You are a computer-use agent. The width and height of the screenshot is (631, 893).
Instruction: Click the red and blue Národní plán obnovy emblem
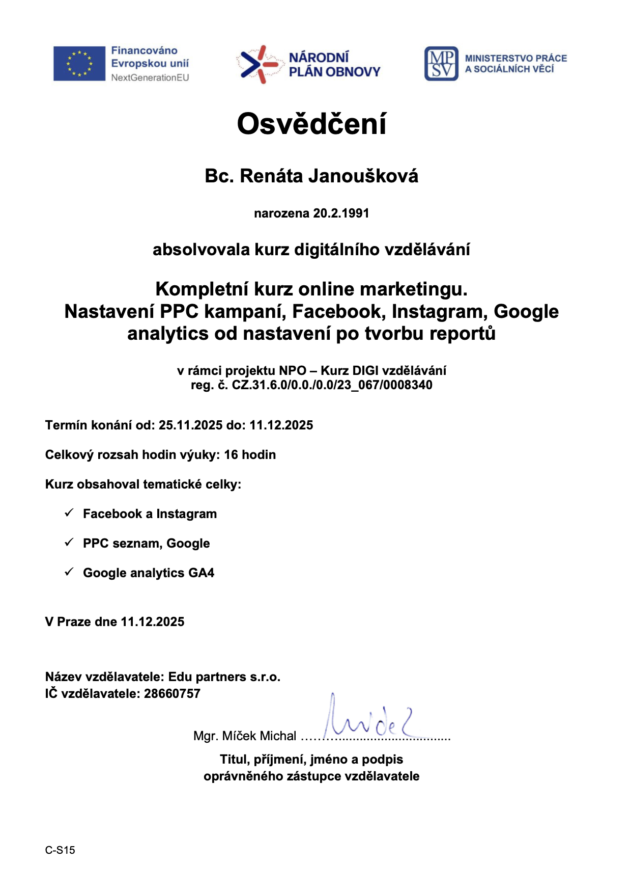(259, 65)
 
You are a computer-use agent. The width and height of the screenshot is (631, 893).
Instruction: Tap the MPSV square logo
(441, 64)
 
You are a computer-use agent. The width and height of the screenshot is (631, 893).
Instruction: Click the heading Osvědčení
(311, 124)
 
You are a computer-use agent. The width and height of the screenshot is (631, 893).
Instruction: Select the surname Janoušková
(364, 176)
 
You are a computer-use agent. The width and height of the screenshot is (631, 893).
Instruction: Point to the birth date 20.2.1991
(341, 213)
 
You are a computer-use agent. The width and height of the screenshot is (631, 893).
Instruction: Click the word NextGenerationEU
(150, 78)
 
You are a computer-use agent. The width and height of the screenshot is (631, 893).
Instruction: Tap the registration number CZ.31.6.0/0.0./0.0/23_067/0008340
(332, 385)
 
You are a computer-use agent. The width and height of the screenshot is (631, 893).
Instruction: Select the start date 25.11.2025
(190, 425)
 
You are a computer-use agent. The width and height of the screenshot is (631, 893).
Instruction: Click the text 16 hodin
(250, 455)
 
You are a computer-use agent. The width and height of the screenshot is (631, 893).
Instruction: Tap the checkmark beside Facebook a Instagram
(69, 513)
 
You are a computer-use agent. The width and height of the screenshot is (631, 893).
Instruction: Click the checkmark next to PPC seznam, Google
(69, 543)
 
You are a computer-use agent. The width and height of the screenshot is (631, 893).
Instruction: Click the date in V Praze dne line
(153, 622)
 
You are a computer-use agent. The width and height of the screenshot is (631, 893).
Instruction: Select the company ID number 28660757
(172, 694)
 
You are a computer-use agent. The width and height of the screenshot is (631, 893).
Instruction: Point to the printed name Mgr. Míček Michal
(244, 736)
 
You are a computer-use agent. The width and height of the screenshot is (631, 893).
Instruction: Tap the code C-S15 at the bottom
(60, 850)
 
